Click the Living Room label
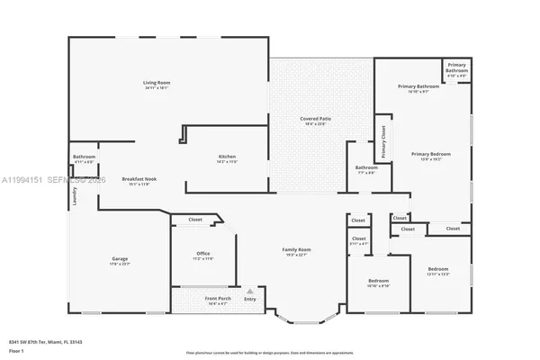coord(157,83)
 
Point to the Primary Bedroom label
coord(431,154)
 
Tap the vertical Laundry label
coord(74,196)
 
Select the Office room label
coord(202,254)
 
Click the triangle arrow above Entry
coord(251,292)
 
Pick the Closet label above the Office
coord(195,220)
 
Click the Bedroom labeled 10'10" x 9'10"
coord(378,282)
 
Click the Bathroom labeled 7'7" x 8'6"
coord(366,168)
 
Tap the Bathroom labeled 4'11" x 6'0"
coord(85,157)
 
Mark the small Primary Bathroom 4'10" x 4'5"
coord(456,68)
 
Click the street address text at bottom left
coord(45,341)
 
